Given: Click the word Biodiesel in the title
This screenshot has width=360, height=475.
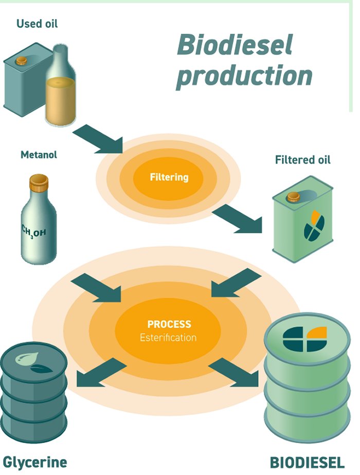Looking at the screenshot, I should [x=235, y=45].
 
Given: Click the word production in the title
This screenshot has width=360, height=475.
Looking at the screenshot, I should [x=244, y=75].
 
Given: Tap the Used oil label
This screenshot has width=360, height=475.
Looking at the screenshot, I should [x=37, y=24].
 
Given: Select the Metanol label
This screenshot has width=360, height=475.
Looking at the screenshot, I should [x=39, y=154].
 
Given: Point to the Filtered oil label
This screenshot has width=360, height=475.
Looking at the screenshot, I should [x=303, y=160].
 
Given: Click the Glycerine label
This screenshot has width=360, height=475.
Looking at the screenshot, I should [x=35, y=462].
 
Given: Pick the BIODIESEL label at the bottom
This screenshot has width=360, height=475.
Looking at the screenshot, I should [x=307, y=462].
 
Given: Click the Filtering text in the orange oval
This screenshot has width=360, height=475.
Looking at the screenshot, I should [x=169, y=177].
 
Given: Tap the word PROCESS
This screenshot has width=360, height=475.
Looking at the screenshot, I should [x=169, y=324].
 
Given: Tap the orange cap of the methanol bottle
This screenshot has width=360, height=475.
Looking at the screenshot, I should [x=39, y=181].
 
